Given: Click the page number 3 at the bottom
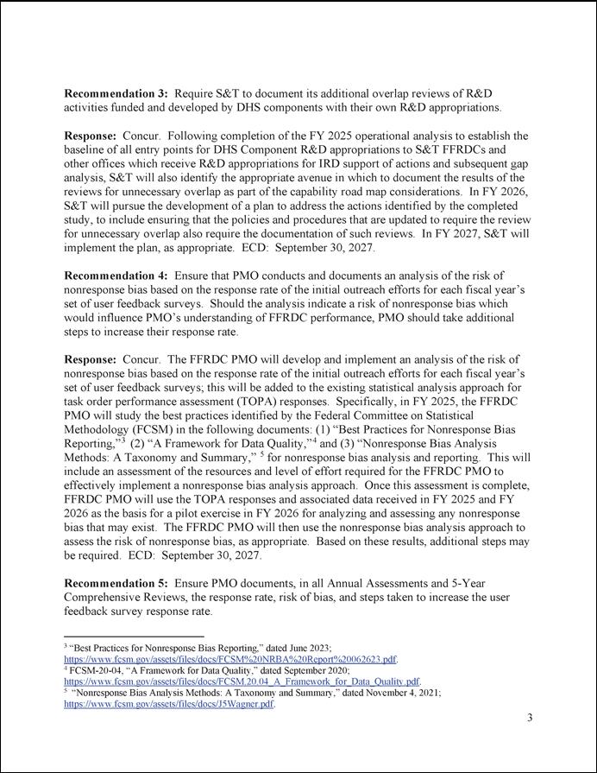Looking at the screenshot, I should [x=530, y=719].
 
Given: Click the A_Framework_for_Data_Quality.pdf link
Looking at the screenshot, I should [x=242, y=681].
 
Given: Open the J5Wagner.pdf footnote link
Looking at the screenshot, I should [x=170, y=704].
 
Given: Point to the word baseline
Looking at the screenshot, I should [x=88, y=150].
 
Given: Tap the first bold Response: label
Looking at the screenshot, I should [x=92, y=136].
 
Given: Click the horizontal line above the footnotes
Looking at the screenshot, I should [x=134, y=637].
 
